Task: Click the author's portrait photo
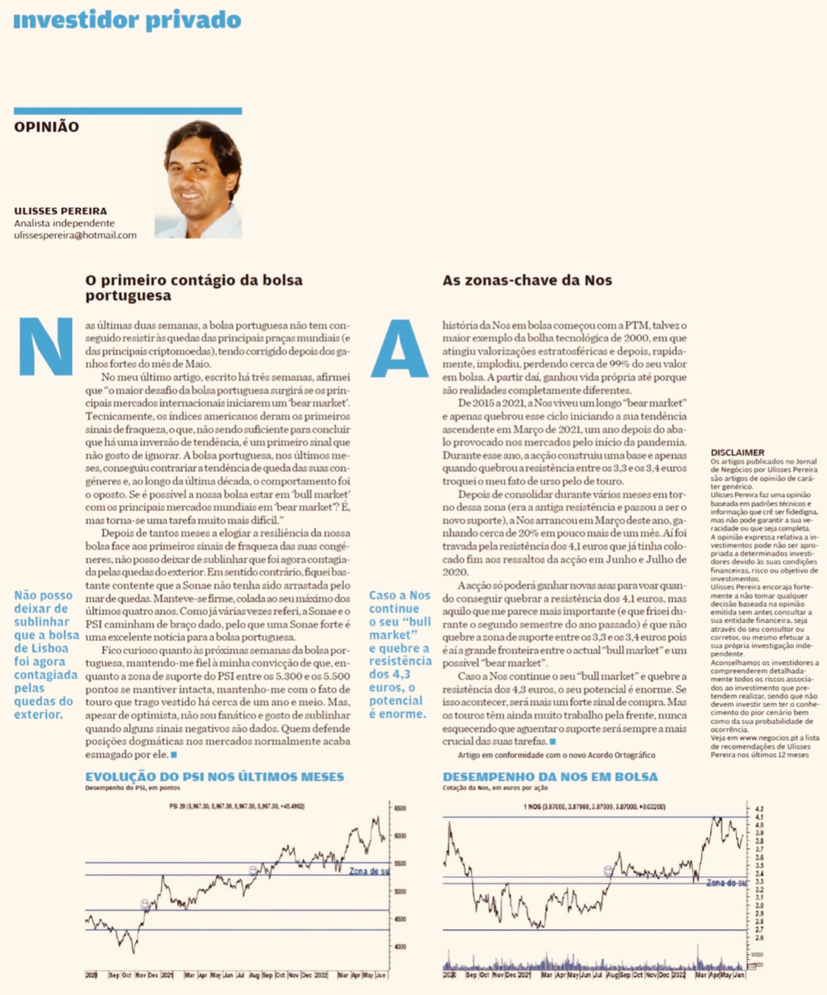coord(198,179)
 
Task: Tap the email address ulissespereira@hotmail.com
coord(75,235)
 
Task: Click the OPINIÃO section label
coord(46,126)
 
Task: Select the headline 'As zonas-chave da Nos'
coord(527,280)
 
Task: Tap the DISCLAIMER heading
coord(737,453)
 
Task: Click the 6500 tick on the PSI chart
coord(400,808)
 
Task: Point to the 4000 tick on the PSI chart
coord(400,946)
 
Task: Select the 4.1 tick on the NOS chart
coord(759,816)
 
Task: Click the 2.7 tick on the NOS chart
coord(759,930)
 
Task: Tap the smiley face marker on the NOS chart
coord(608,871)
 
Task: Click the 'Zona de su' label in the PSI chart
coord(369,872)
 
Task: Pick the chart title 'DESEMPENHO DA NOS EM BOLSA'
coord(550,777)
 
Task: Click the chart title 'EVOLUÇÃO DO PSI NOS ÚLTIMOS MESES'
coord(215,777)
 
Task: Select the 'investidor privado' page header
coord(127,20)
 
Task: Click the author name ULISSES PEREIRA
coord(60,211)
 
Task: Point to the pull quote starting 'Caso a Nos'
coord(400,654)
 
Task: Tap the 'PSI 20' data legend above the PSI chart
coord(237,806)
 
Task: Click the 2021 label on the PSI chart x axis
coord(167,975)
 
